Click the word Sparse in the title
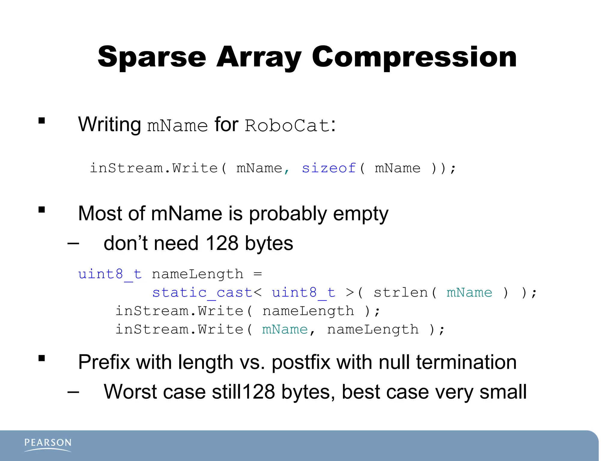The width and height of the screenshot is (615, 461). pyautogui.click(x=152, y=57)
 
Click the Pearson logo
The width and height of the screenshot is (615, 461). pyautogui.click(x=48, y=444)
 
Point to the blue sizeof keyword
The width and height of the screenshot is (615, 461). pyautogui.click(x=329, y=168)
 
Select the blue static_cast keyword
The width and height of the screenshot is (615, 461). pyautogui.click(x=202, y=292)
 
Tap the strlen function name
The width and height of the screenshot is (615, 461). pyautogui.click(x=401, y=292)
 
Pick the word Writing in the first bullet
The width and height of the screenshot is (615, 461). pyautogui.click(x=109, y=124)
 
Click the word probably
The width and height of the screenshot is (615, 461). pyautogui.click(x=288, y=214)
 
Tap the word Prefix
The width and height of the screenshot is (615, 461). pyautogui.click(x=104, y=362)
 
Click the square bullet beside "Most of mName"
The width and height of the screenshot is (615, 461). pyautogui.click(x=42, y=209)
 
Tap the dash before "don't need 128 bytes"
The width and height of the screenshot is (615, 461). pyautogui.click(x=73, y=243)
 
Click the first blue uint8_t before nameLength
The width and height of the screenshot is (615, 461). pyautogui.click(x=110, y=274)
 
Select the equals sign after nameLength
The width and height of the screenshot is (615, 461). pyautogui.click(x=258, y=274)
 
